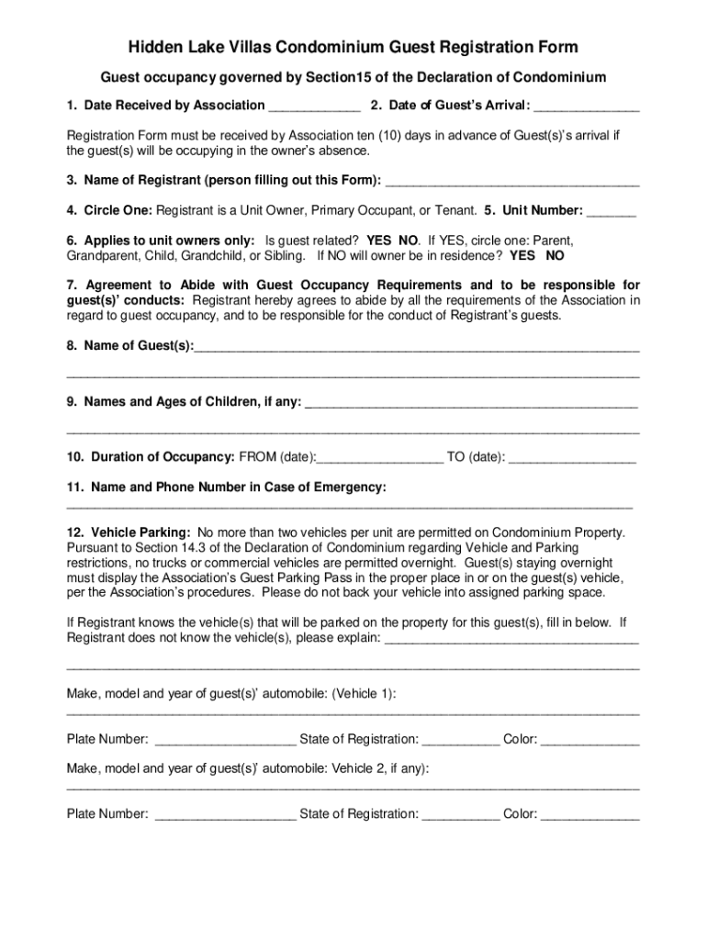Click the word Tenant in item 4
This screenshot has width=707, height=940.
454,210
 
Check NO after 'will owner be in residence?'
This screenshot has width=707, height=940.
555,255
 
